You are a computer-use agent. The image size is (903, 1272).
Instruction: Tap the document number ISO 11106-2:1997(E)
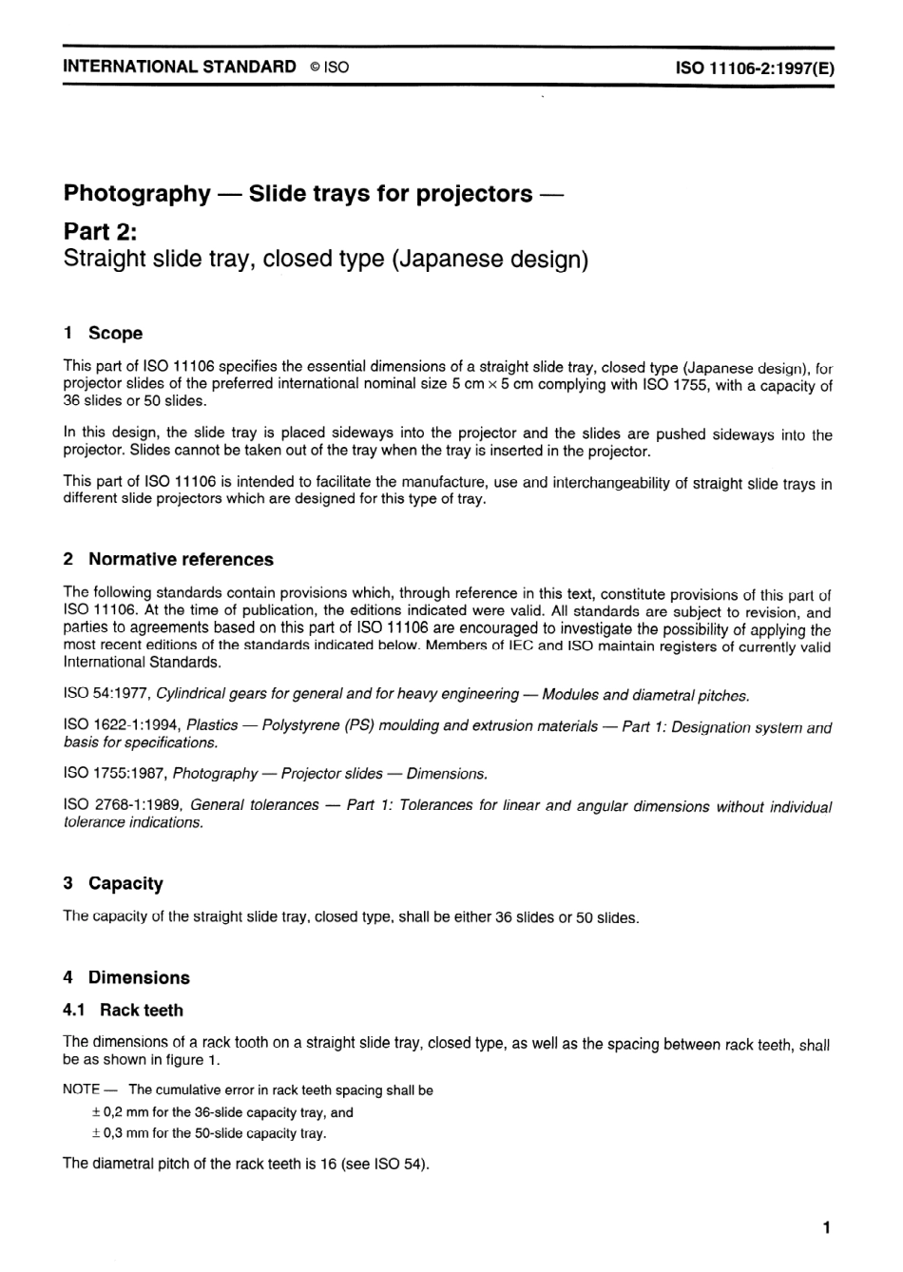point(755,67)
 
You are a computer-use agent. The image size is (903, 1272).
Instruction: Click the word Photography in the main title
point(137,194)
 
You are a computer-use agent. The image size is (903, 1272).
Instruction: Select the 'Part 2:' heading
point(102,230)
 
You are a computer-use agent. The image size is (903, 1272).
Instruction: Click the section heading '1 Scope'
point(103,333)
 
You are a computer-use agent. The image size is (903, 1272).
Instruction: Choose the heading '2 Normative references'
point(168,559)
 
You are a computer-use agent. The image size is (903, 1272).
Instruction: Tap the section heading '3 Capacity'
point(113,883)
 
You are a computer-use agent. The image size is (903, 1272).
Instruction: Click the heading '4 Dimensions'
point(126,977)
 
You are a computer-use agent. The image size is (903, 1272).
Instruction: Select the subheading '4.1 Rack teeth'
point(123,1010)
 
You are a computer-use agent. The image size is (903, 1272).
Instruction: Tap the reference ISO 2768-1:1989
point(122,805)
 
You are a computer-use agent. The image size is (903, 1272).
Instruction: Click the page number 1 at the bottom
point(827,1227)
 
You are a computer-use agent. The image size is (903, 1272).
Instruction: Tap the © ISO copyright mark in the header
point(329,67)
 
